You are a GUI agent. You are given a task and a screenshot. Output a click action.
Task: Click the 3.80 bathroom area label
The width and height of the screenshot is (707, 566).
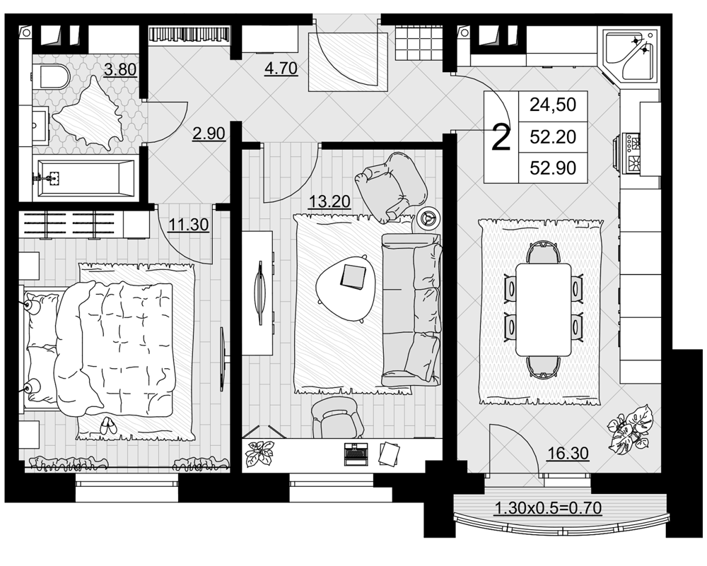pyautogui.click(x=120, y=70)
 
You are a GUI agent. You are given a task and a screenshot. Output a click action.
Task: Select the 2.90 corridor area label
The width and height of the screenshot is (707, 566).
pyautogui.click(x=209, y=134)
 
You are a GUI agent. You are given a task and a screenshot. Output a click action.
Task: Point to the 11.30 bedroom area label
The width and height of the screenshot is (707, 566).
pyautogui.click(x=189, y=224)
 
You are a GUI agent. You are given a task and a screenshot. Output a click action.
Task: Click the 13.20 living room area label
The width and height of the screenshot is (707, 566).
pyautogui.click(x=329, y=201)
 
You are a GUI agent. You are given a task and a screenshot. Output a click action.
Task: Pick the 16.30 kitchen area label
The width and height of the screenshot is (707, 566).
pyautogui.click(x=568, y=453)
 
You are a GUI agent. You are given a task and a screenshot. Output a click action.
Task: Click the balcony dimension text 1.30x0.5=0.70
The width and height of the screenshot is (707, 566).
pyautogui.click(x=549, y=508)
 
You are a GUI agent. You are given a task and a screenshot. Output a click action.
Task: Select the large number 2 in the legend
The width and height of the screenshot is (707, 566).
pyautogui.click(x=501, y=138)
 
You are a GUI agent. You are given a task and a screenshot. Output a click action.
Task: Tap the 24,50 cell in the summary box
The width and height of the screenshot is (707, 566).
pyautogui.click(x=553, y=105)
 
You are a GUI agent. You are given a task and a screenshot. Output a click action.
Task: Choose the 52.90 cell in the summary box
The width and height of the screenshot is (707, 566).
pyautogui.click(x=553, y=167)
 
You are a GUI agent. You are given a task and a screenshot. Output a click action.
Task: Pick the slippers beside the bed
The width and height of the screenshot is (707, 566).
pyautogui.click(x=107, y=425)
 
